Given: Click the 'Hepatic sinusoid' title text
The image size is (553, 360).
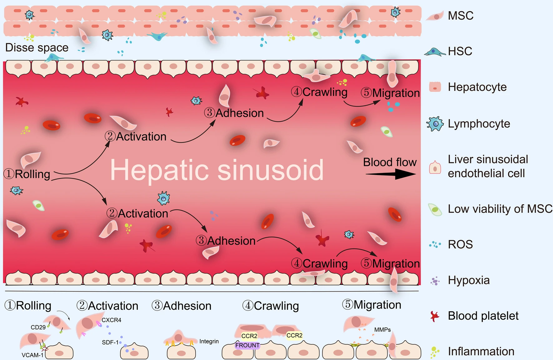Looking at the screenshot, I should point(217,170).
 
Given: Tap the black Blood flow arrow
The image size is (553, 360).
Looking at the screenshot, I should point(391,174).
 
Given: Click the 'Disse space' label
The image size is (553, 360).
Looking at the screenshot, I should point(37,47).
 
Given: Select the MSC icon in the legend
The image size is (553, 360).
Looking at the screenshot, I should point(435,16).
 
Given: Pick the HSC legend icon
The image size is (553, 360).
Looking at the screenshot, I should point(435,52).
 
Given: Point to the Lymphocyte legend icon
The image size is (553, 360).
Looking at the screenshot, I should point(435,124).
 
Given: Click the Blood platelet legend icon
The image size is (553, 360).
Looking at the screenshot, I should point(435,316).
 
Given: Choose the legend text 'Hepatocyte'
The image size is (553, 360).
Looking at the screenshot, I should point(477,87).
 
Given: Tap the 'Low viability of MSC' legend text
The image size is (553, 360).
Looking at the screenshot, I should point(500,209).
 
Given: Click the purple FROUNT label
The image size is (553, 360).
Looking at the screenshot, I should point(247,345).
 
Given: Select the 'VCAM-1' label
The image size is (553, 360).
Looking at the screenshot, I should point(32,355).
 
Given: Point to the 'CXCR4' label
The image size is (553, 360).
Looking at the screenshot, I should point(112,320).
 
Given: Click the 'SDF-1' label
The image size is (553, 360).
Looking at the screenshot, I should point(110,342).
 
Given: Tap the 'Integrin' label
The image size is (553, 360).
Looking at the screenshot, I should point(209,341).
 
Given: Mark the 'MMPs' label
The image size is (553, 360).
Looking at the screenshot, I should point(382,330).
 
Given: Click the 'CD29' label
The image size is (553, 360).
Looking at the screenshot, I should point(38,327).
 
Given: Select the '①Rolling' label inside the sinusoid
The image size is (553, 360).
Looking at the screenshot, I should point(27,174).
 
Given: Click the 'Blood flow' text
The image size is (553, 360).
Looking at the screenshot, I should point(390,162).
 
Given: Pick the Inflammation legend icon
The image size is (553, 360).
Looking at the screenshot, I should point(434,352).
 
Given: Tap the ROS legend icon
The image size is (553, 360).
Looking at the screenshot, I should point(435,244).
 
